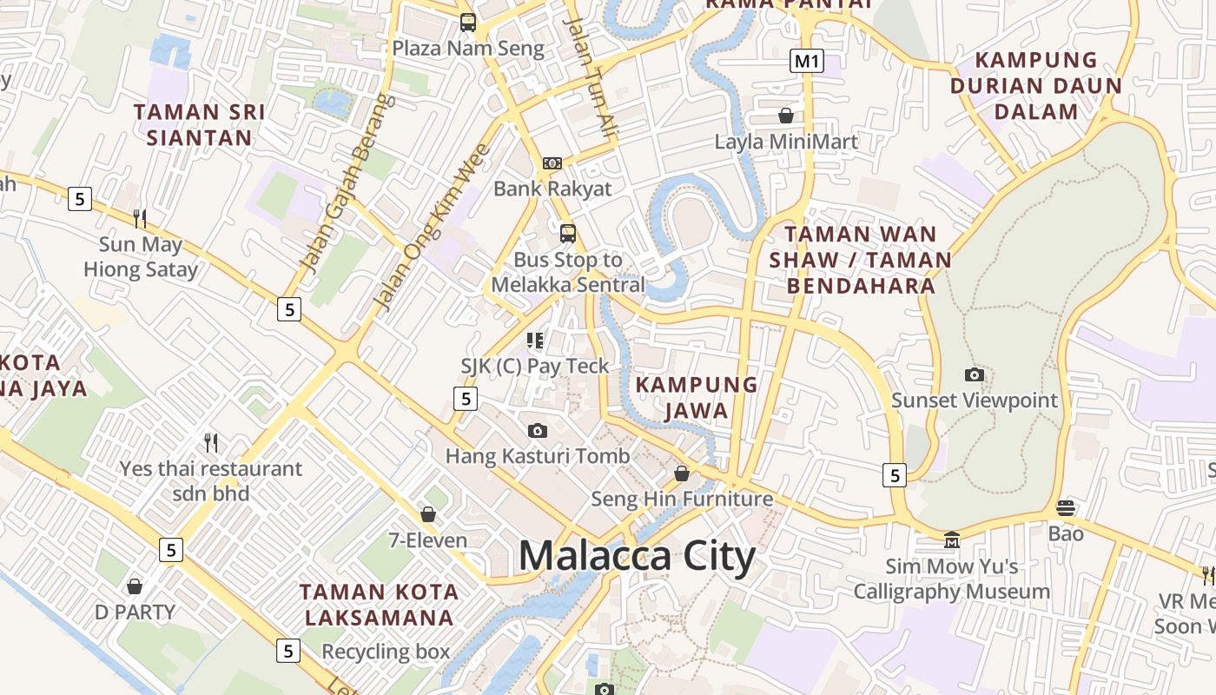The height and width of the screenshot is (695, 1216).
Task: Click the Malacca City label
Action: pyautogui.click(x=637, y=556)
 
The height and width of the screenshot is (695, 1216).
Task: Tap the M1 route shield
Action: pyautogui.click(x=807, y=61)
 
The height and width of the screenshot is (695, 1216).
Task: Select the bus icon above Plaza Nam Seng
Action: pyautogui.click(x=468, y=23)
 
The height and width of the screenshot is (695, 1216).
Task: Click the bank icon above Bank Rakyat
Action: pyautogui.click(x=552, y=163)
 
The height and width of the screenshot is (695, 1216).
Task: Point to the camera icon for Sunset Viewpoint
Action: pyautogui.click(x=975, y=374)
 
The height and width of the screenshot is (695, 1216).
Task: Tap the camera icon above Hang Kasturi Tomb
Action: pyautogui.click(x=538, y=430)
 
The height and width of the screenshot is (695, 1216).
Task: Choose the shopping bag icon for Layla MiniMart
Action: pyautogui.click(x=786, y=116)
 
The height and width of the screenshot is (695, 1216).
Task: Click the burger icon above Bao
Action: pyautogui.click(x=1066, y=507)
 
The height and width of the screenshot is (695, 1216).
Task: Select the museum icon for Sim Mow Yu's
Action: pyautogui.click(x=951, y=540)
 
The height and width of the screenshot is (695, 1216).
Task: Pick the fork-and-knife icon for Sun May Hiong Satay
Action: pyautogui.click(x=140, y=218)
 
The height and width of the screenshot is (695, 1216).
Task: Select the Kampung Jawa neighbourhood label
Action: pyautogui.click(x=697, y=397)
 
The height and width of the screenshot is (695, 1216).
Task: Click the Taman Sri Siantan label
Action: pyautogui.click(x=200, y=124)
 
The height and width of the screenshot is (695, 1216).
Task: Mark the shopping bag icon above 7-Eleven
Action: pyautogui.click(x=427, y=514)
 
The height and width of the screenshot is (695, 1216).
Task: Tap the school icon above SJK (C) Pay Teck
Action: pyautogui.click(x=535, y=340)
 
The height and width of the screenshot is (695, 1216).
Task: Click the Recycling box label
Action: pyautogui.click(x=386, y=652)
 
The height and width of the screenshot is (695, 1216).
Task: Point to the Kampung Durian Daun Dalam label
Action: pyautogui.click(x=1036, y=85)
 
